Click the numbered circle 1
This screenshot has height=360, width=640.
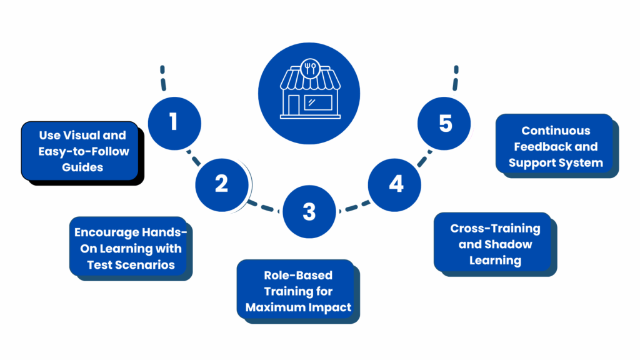pyautogui.click(x=174, y=122)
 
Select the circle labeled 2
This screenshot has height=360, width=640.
pyautogui.click(x=222, y=184)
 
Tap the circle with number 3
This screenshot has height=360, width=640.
pyautogui.click(x=309, y=212)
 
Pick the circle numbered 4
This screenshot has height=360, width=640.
pyautogui.click(x=395, y=184)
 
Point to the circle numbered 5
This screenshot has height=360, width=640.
pyautogui.click(x=444, y=123)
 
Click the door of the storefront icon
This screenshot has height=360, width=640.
pyautogui.click(x=292, y=106)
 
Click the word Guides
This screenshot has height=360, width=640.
pyautogui.click(x=82, y=167)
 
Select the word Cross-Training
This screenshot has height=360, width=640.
pyautogui.click(x=495, y=228)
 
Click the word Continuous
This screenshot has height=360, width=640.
pyautogui.click(x=556, y=131)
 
